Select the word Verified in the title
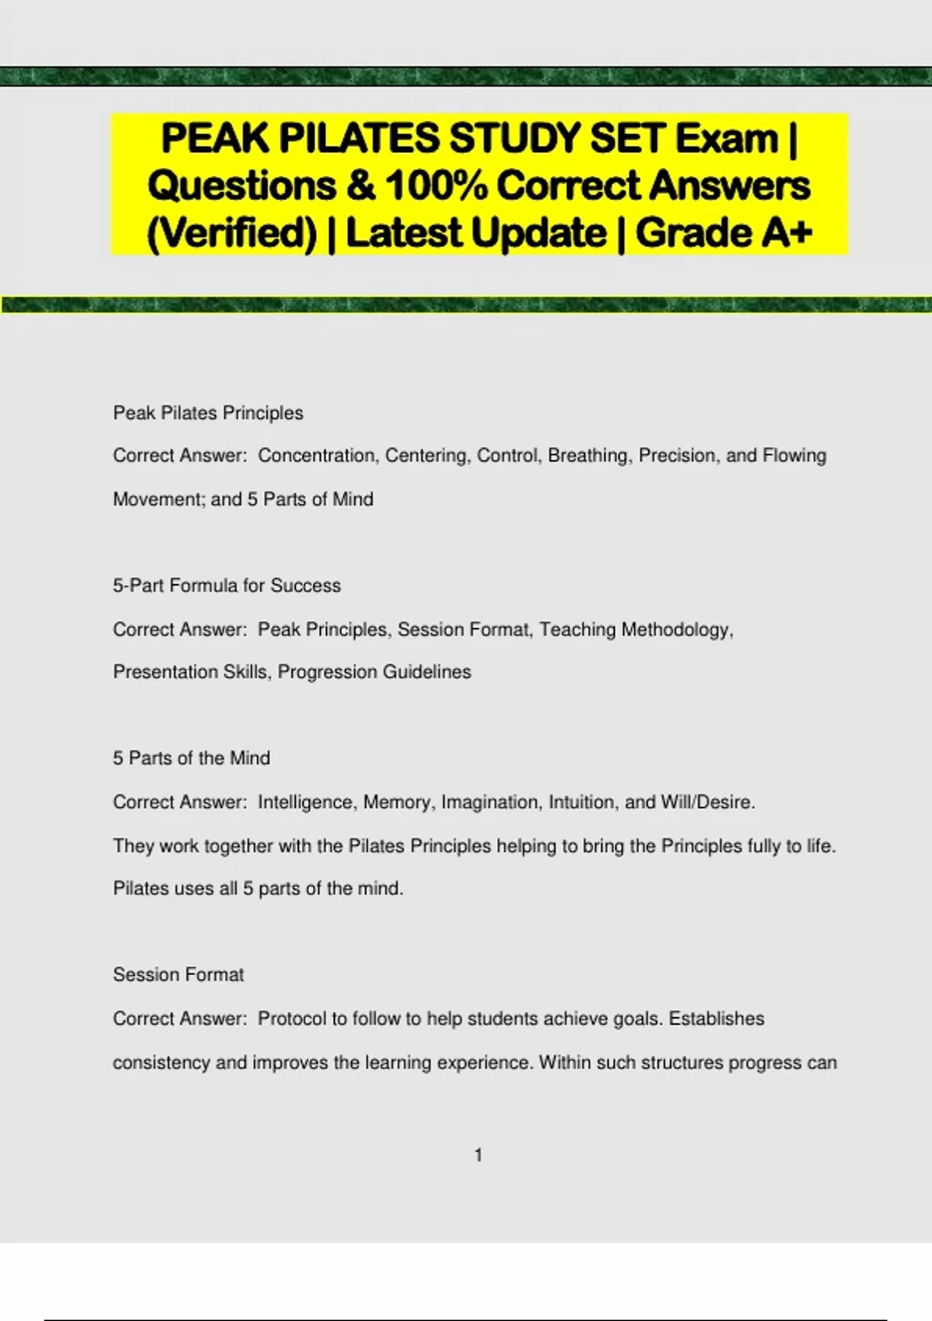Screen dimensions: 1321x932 pos(231,232)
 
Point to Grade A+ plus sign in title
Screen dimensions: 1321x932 pos(801,232)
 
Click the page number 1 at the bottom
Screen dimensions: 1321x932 pos(478,1155)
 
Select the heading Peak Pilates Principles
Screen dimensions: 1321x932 pos(208,413)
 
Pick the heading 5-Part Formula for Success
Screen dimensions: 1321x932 pos(227,585)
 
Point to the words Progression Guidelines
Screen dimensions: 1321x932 pos(374,672)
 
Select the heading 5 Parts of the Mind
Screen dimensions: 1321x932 pos(192,758)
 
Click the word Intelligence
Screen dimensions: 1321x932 pos(305,802)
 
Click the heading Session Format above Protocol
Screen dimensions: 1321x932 pos(179,974)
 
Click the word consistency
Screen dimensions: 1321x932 pos(162,1062)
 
